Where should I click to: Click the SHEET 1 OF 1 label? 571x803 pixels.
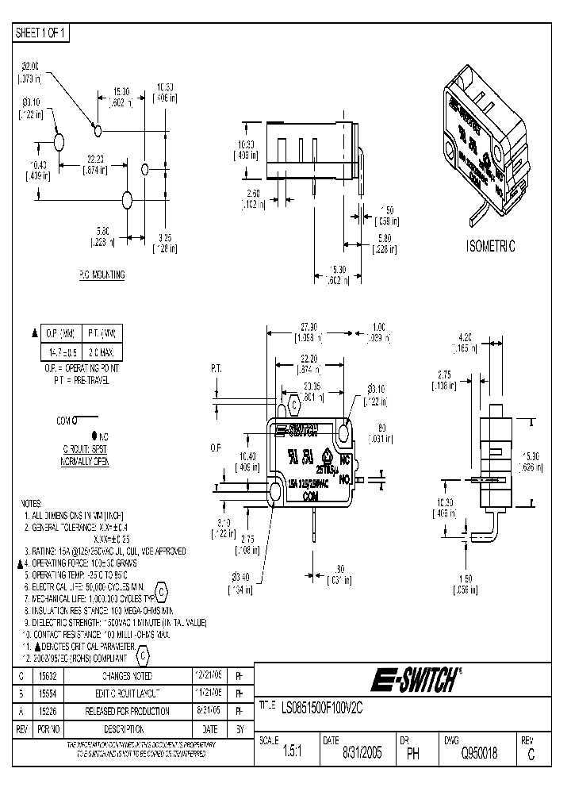[x=42, y=33]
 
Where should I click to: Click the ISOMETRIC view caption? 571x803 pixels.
[x=490, y=247]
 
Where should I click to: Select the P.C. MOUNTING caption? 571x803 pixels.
[x=102, y=275]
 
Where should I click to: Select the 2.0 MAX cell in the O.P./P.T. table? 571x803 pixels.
[x=102, y=351]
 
